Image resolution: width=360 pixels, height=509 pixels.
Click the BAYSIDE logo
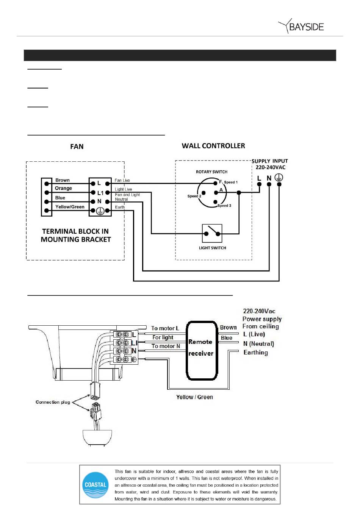coord(301,26)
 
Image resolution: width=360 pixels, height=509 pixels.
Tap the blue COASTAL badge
coord(95,484)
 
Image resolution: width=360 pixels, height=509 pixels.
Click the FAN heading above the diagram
coord(77,147)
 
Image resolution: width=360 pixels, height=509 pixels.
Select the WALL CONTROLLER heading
coord(213,146)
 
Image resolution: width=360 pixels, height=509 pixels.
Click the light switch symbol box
coord(212,233)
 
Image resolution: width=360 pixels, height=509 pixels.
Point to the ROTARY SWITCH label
coord(211,172)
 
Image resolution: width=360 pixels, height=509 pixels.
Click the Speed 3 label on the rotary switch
coord(224,205)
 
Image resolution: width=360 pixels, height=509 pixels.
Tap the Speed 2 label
coord(194,196)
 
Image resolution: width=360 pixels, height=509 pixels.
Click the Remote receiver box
coord(202,350)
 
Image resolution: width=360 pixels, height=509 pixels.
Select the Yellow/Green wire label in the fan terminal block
coord(70,207)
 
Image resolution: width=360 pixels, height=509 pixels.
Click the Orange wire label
coord(63,188)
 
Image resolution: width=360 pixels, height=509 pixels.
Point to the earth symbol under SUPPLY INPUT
coord(279,177)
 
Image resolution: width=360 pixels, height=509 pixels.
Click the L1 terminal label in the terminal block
coord(100,193)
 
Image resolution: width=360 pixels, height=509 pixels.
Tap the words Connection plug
coord(53,402)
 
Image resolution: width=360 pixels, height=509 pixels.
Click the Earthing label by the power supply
coord(256,353)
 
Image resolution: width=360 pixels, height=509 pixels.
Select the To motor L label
coord(165,328)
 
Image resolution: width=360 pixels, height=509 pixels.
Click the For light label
coord(163,337)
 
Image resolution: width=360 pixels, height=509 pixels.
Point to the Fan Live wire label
coord(122,180)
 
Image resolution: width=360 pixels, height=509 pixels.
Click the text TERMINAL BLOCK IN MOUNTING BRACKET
coord(75,235)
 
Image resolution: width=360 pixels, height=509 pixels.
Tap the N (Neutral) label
coord(258,343)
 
